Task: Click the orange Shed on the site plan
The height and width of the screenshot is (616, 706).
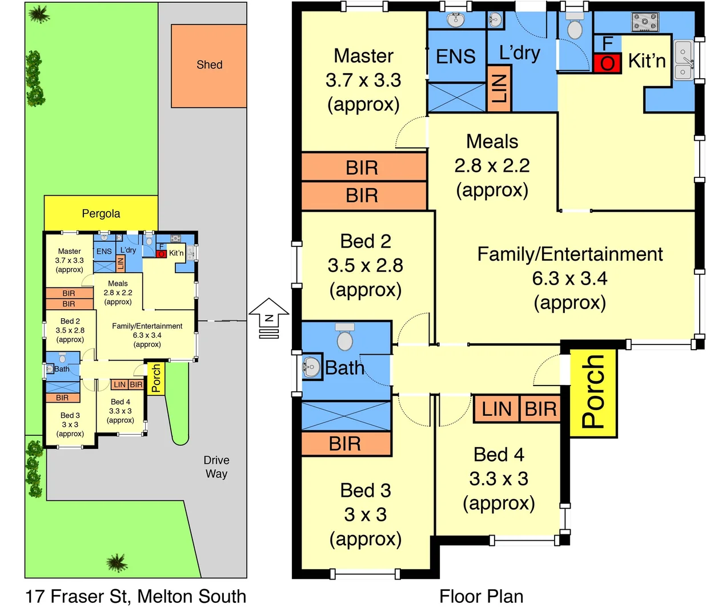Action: (208, 66)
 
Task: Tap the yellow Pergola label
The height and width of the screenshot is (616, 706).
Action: (101, 213)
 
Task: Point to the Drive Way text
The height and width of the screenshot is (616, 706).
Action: (216, 467)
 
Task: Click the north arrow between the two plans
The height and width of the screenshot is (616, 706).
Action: (269, 318)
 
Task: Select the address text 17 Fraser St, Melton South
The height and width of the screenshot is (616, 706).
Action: (135, 597)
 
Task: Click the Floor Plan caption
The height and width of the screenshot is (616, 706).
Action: (482, 597)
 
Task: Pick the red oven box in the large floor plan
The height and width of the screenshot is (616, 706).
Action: (607, 63)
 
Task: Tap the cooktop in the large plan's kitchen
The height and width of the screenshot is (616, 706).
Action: (645, 22)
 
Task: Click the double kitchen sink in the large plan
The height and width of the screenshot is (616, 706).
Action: (683, 60)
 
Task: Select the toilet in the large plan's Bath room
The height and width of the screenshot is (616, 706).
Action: (345, 337)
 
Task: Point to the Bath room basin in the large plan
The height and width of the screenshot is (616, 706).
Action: (312, 367)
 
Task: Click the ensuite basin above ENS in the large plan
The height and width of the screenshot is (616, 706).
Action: (456, 19)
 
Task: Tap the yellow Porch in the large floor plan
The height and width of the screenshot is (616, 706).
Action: (593, 393)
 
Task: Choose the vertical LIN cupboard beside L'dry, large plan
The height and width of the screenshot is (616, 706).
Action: (499, 88)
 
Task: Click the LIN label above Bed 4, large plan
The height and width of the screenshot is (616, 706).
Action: (496, 409)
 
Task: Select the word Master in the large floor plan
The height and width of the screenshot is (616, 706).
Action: (363, 56)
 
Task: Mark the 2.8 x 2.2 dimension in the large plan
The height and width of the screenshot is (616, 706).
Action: (492, 166)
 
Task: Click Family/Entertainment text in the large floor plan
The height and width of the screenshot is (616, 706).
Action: (570, 254)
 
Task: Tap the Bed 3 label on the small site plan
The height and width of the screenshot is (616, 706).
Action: (70, 415)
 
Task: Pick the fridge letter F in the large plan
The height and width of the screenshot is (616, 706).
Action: (607, 44)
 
